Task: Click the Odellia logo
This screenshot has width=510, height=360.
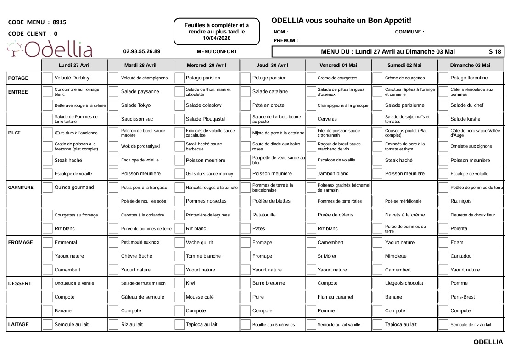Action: tap(50, 49)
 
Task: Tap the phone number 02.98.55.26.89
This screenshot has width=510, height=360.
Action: tap(142, 52)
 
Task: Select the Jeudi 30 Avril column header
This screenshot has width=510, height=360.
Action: tap(273, 65)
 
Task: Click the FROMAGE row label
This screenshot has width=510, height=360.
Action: tap(21, 242)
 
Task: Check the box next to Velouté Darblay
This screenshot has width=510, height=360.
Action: tap(48, 78)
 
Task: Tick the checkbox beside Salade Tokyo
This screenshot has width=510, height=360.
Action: tap(114, 105)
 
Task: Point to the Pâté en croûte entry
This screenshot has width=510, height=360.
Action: tap(268, 105)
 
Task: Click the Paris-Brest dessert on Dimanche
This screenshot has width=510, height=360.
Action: tap(462, 297)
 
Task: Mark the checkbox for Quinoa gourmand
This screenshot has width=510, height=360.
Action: tap(48, 188)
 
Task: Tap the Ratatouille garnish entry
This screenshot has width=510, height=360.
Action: tap(264, 215)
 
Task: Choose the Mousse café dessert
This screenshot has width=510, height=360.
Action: tap(200, 297)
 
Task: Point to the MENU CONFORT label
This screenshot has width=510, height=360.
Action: tap(217, 52)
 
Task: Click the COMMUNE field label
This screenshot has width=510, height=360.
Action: tap(409, 32)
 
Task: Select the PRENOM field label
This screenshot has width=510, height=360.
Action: tap(286, 41)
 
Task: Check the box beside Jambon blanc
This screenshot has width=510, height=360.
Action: tap(311, 174)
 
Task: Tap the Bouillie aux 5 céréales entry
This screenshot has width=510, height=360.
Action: tap(274, 325)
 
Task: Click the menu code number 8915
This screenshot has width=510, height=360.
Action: tap(60, 22)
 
